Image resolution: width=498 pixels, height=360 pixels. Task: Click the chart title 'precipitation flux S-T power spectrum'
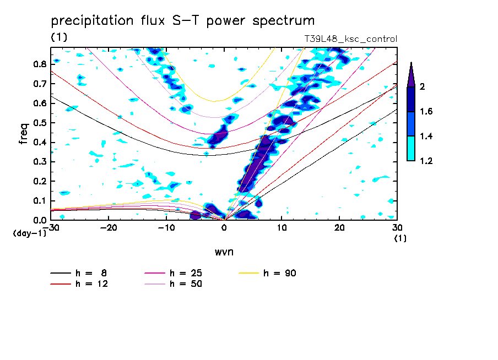point(183,21)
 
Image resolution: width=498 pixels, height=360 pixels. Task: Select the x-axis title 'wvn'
point(224,252)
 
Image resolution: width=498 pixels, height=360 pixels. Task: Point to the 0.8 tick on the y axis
point(39,64)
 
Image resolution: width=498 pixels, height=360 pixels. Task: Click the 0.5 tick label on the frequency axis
point(39,123)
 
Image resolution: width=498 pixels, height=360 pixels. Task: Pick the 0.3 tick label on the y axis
point(39,162)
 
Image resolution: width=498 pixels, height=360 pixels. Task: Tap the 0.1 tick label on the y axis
point(39,201)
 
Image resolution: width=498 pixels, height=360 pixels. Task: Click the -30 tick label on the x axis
point(53,227)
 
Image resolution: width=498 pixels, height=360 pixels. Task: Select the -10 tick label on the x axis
point(166,227)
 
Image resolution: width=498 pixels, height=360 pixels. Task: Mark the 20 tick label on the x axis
point(340,227)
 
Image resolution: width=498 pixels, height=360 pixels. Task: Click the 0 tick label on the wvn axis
point(224,227)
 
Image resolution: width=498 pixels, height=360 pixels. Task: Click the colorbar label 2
point(422,88)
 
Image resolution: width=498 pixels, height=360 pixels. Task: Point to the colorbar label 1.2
point(426,161)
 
